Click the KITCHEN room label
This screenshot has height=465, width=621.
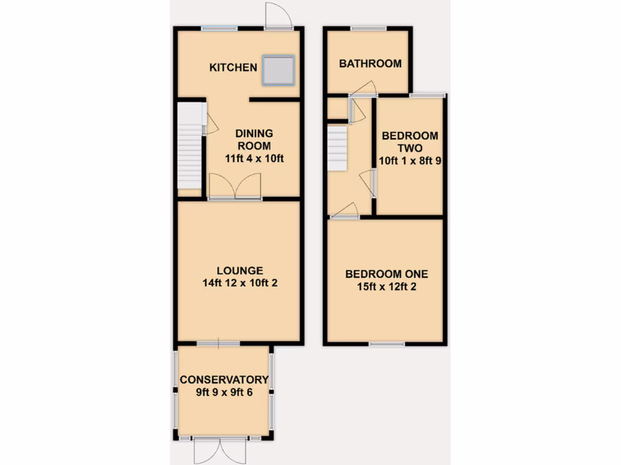(233, 67)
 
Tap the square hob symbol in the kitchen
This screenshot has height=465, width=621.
(279, 70)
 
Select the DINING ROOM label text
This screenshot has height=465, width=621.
(254, 139)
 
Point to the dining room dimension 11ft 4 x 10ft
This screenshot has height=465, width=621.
(254, 159)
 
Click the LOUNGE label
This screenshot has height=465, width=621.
(240, 271)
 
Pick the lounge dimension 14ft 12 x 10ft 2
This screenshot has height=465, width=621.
(240, 283)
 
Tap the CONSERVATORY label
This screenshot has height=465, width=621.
(224, 380)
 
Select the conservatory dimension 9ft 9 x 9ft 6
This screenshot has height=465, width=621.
(224, 392)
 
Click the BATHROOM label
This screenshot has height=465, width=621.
(370, 64)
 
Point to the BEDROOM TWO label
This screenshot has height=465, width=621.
(410, 142)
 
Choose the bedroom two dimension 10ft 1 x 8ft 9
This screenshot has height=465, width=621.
(410, 161)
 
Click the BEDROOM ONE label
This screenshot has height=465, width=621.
(386, 274)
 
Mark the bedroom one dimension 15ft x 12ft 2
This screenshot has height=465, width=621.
(386, 286)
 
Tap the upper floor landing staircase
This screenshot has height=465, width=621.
(337, 148)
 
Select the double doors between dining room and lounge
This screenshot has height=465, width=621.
(235, 186)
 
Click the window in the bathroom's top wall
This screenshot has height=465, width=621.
(369, 28)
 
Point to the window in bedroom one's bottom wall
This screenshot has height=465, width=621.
(387, 344)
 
